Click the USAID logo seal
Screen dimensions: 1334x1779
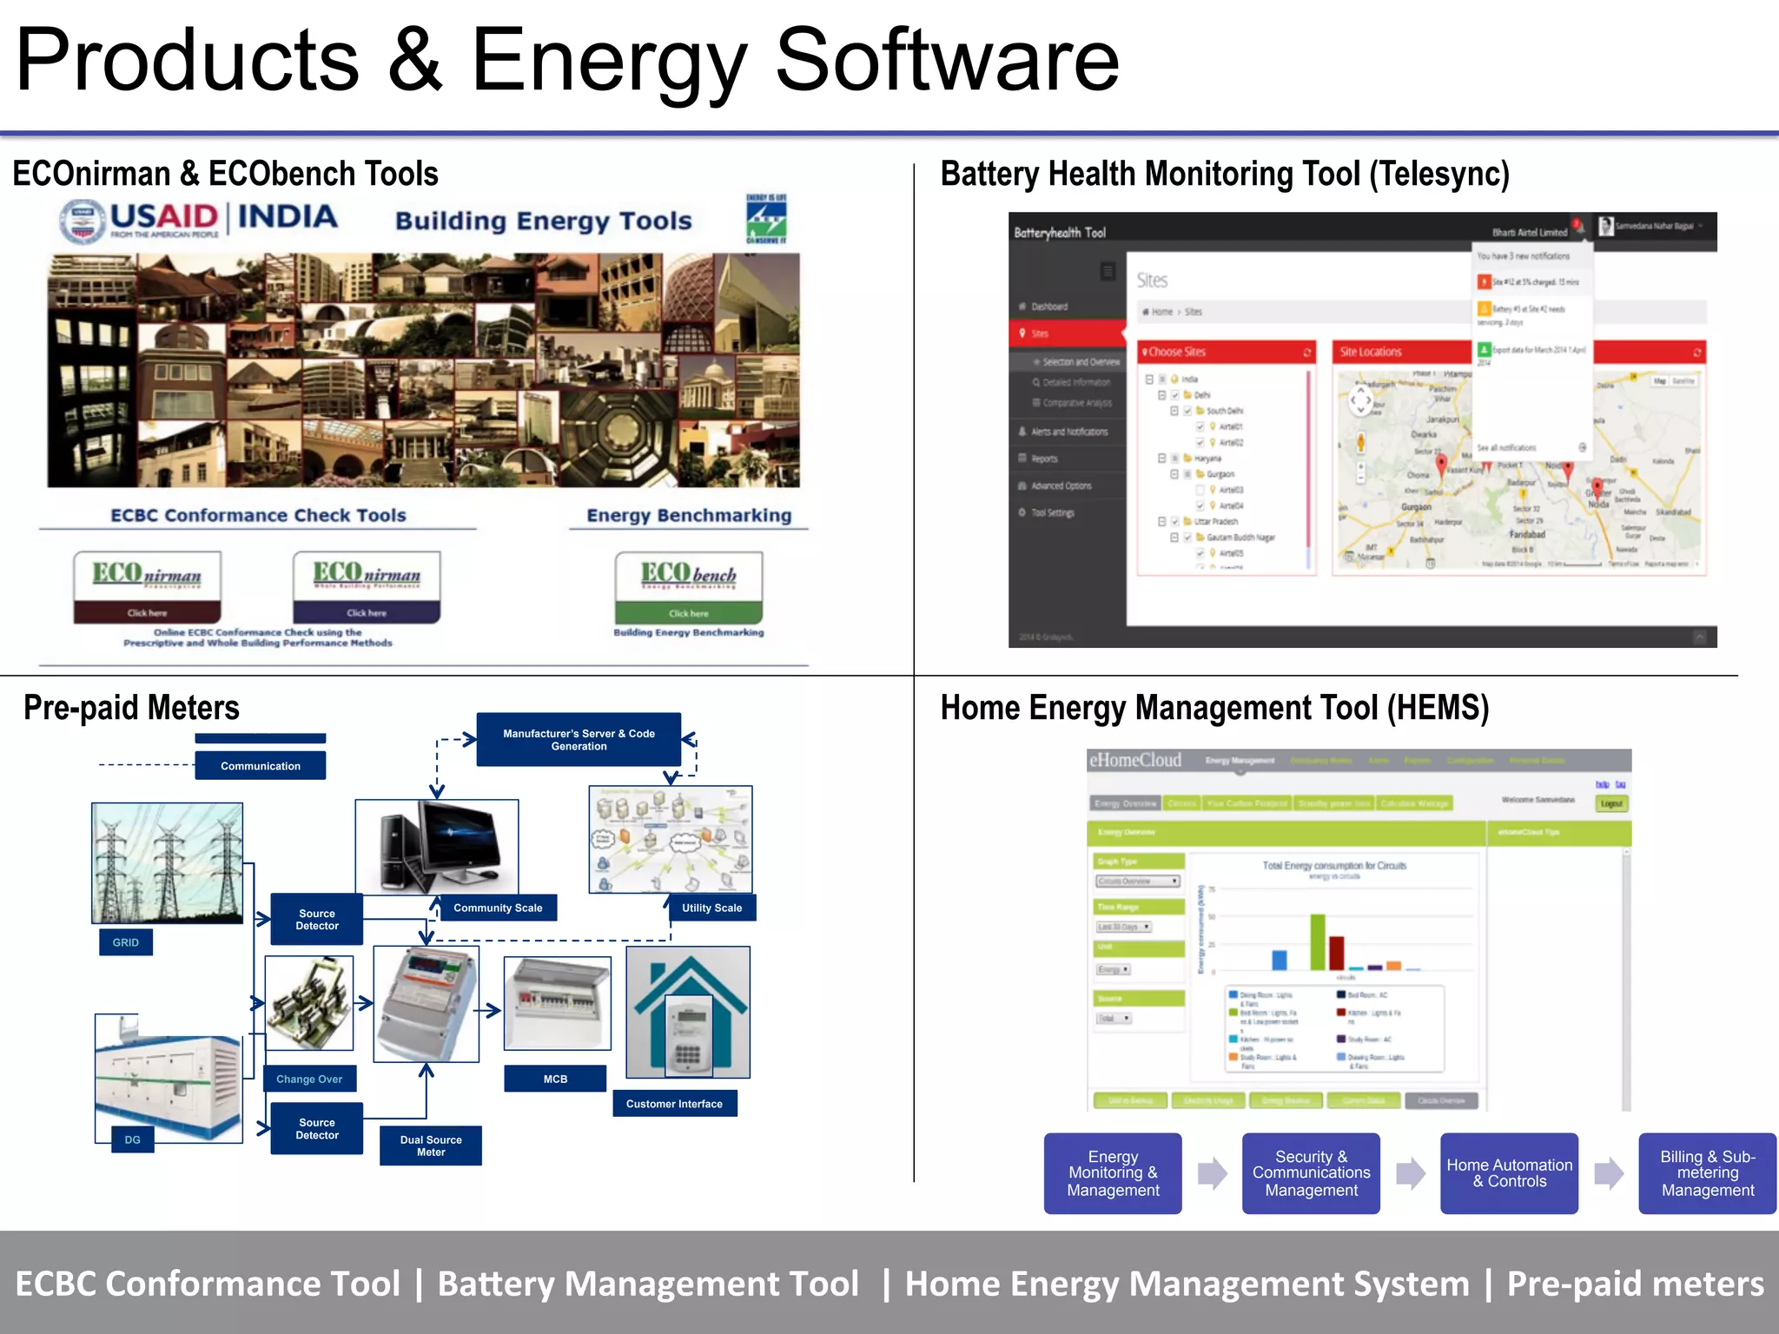(83, 221)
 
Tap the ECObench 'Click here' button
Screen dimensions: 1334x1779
(689, 612)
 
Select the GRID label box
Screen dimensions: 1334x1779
(126, 942)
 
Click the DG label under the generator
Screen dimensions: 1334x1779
(133, 1139)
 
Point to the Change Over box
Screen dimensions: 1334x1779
(309, 1079)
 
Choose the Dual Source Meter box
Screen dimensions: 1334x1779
(431, 1146)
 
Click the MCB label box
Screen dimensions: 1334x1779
(555, 1079)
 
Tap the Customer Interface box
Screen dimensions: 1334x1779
(674, 1104)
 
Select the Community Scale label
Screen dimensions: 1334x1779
(498, 908)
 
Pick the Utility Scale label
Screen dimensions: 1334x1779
(711, 908)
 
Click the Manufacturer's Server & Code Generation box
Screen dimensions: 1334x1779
(579, 740)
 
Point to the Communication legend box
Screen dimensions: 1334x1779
(261, 766)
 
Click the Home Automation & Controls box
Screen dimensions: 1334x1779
(1509, 1173)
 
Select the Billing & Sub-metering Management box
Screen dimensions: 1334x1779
(1707, 1173)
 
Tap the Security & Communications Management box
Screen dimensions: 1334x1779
(1311, 1173)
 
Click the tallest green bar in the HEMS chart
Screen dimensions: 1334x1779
(1318, 941)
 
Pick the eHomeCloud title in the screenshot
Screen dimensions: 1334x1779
(1135, 761)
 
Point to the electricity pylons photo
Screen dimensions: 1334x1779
(168, 862)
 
